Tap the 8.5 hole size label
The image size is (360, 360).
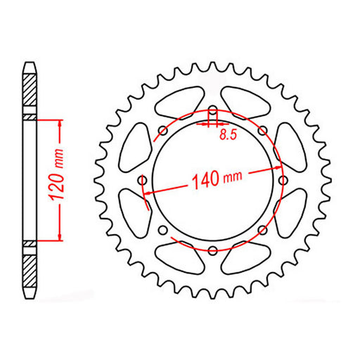click(x=226, y=136)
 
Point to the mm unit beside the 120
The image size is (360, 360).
click(x=60, y=155)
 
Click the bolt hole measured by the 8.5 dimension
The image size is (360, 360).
click(x=213, y=112)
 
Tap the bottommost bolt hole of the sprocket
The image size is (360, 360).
click(x=213, y=250)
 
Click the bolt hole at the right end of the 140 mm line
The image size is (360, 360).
click(x=280, y=168)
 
